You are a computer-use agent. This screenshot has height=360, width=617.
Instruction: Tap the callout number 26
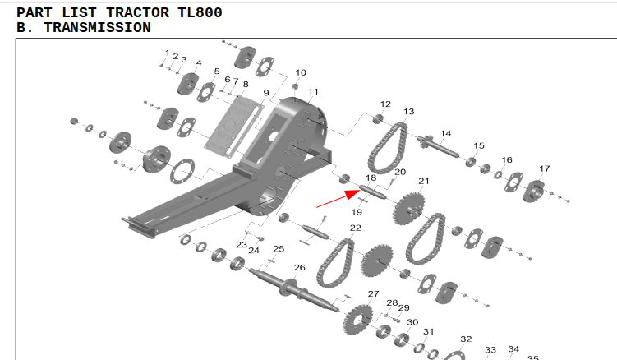[x=299, y=267]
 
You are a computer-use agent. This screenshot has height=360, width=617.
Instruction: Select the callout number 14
[x=446, y=133]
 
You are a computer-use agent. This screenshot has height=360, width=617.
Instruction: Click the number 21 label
[x=424, y=181]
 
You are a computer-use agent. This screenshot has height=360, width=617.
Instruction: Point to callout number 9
[x=265, y=92]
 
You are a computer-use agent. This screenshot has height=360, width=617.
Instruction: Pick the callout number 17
[x=544, y=168]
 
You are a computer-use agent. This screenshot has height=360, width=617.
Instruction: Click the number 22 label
[x=355, y=228]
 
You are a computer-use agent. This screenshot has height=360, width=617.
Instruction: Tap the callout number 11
[x=313, y=90]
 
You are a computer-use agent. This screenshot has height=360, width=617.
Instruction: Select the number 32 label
[x=466, y=339]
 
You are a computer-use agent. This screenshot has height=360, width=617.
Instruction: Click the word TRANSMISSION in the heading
[x=97, y=28]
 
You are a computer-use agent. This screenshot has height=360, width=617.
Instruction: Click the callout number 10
[x=301, y=72]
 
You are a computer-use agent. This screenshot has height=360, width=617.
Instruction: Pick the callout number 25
[x=279, y=248]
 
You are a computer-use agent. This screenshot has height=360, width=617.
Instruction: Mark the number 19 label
[x=357, y=212]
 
